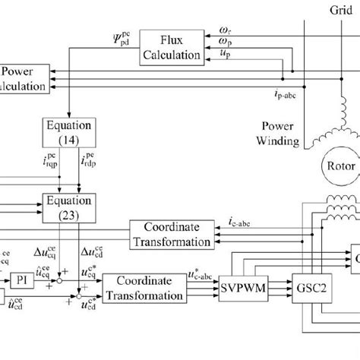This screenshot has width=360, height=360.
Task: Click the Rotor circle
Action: (337, 165)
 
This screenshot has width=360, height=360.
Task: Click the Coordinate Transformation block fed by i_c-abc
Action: (170, 234)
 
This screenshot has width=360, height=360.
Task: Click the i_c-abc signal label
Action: (241, 222)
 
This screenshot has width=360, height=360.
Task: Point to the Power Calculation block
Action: (23, 77)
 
